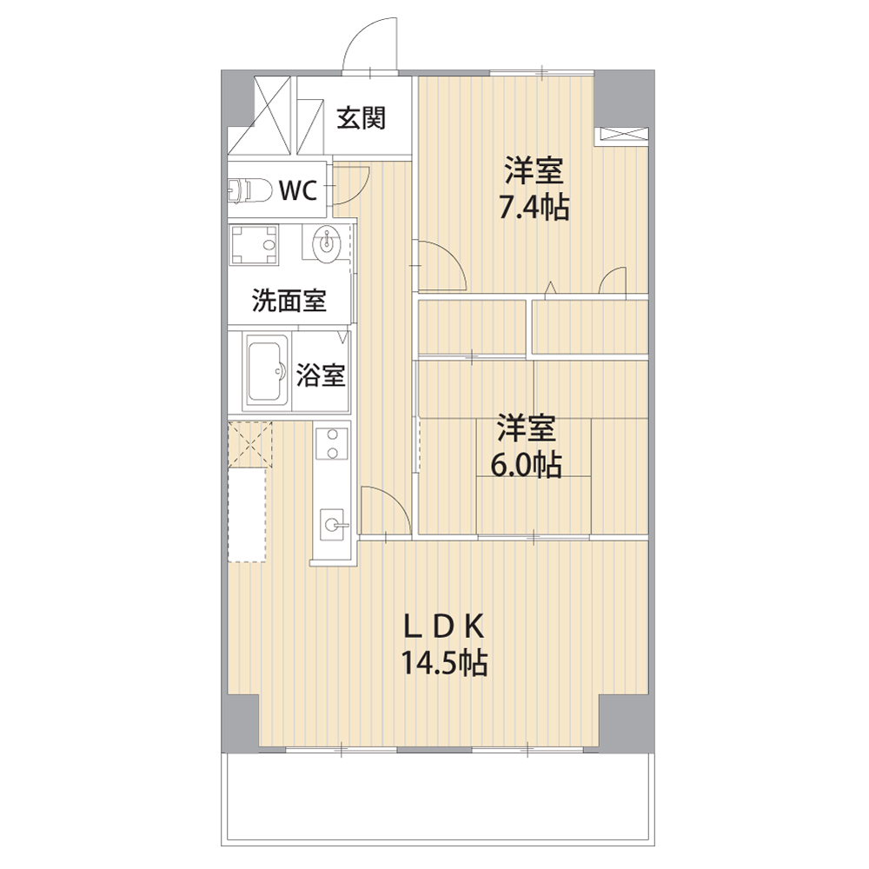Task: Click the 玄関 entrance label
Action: pos(361,118)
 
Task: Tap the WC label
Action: pos(297,190)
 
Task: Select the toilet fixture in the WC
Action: pos(249,190)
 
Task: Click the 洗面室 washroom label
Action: pos(289,301)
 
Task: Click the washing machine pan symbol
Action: pos(254,244)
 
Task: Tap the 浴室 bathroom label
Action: pos(321,375)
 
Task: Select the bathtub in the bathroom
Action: pos(265,371)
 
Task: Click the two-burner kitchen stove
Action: pos(332,444)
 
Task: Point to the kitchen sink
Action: pos(335,524)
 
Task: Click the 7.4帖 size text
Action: pos(534,209)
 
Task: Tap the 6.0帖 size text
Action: pos(526,466)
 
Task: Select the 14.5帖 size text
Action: pos(444,662)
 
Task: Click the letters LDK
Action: pos(444,627)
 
